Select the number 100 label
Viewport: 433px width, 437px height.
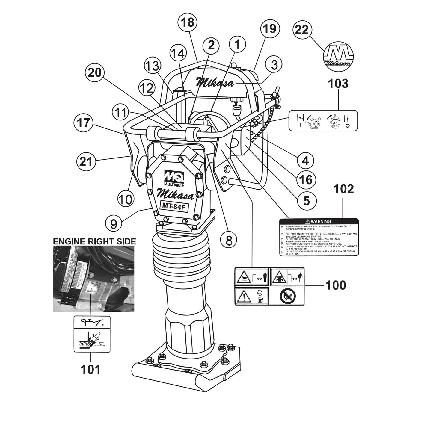click(335, 285)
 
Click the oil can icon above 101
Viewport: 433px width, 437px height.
click(92, 323)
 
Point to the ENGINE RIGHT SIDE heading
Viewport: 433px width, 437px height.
click(94, 241)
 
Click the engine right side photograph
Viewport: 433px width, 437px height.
click(93, 279)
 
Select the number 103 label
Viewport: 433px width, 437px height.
click(339, 84)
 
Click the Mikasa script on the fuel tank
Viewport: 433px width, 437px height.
click(215, 82)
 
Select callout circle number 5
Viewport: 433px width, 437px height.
click(306, 200)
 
